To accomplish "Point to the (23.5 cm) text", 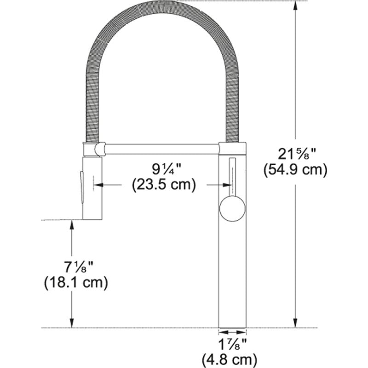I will point(164,185).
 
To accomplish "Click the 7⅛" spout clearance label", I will point(76,266).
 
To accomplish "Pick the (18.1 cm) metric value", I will point(76,282).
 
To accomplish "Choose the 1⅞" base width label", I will point(232,343).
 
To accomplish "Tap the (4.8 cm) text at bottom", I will point(232,358).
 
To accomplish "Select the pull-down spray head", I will point(92,188).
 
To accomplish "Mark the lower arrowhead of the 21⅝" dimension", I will point(295,323).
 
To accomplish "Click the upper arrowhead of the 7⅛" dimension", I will point(72,224).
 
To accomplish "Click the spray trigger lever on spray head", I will point(82,186).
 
